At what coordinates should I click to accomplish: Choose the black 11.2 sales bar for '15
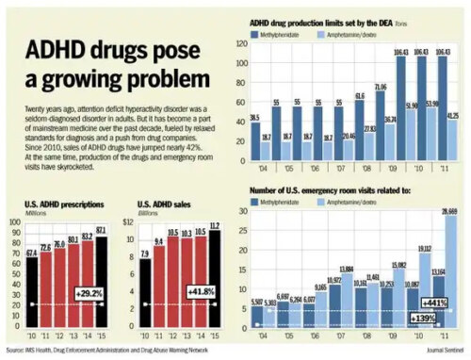coord(214,283)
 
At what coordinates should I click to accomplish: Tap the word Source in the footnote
coord(13,352)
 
